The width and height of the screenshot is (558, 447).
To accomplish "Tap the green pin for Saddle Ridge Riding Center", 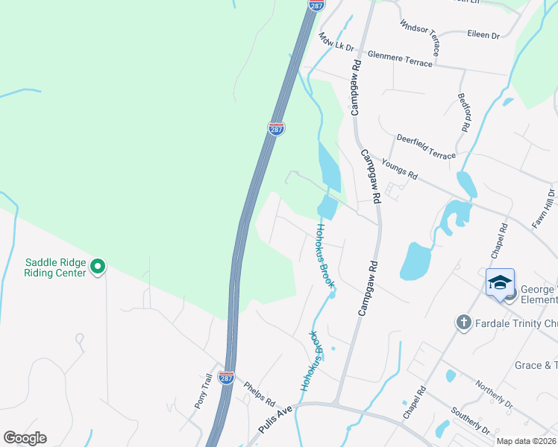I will (x=98, y=265).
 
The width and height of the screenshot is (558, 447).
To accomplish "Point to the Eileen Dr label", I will (x=483, y=34).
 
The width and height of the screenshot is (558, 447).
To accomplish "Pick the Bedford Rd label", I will (x=465, y=113).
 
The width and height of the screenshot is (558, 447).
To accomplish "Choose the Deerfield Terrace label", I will (x=426, y=146).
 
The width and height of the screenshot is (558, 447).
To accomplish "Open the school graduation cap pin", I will (x=500, y=283).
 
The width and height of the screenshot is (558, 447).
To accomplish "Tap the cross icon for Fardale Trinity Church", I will (x=463, y=322).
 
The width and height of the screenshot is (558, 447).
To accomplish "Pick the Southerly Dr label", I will (x=471, y=421).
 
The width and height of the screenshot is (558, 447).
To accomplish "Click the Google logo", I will (x=25, y=438).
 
